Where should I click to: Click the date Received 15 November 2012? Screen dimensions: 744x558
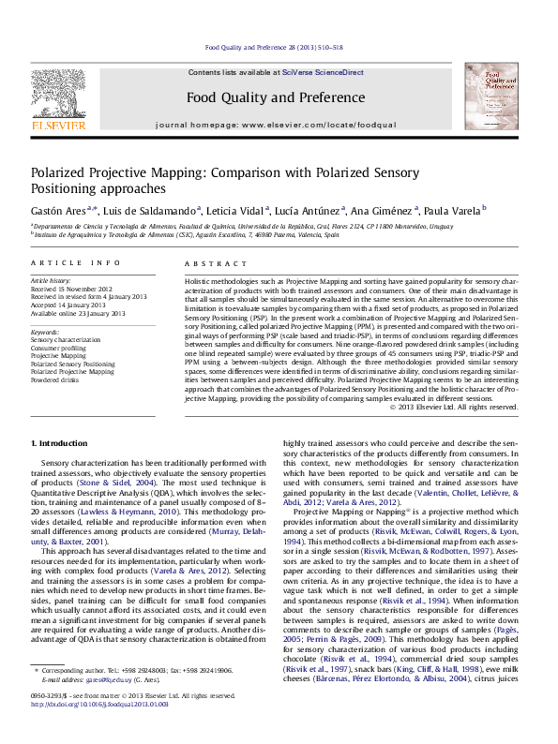(71, 289)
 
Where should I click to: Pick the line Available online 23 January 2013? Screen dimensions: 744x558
(78, 312)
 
